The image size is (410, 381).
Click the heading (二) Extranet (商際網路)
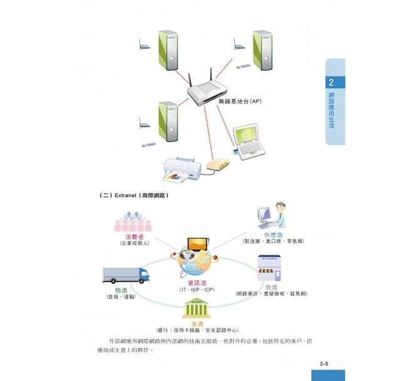click(135, 195)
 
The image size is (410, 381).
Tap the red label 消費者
click(132, 237)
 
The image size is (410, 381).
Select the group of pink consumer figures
click(132, 221)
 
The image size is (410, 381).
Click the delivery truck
click(126, 275)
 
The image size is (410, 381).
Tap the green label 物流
click(121, 290)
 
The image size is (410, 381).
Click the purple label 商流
click(271, 287)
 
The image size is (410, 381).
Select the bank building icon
click(196, 308)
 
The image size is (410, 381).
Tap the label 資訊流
click(197, 283)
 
